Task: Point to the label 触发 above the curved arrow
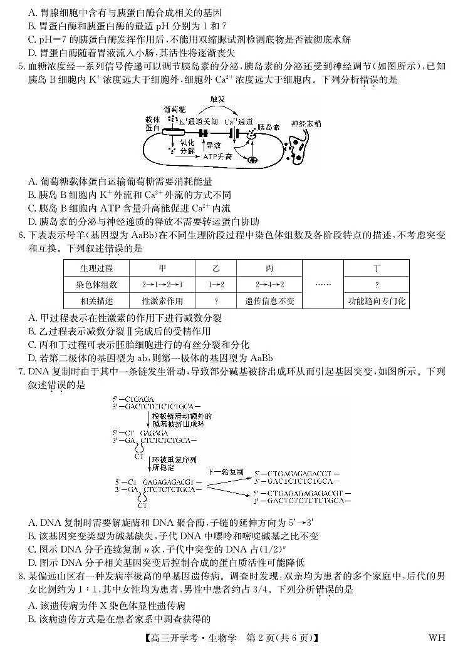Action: tap(217, 99)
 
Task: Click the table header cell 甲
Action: tap(163, 268)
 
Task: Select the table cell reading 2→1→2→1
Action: tap(163, 284)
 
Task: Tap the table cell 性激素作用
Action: tap(163, 300)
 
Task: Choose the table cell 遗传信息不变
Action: tap(269, 300)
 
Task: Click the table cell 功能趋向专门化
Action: tap(377, 300)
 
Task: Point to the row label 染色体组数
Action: tap(96, 284)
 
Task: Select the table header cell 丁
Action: tap(377, 268)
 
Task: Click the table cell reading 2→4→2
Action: tap(269, 284)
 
